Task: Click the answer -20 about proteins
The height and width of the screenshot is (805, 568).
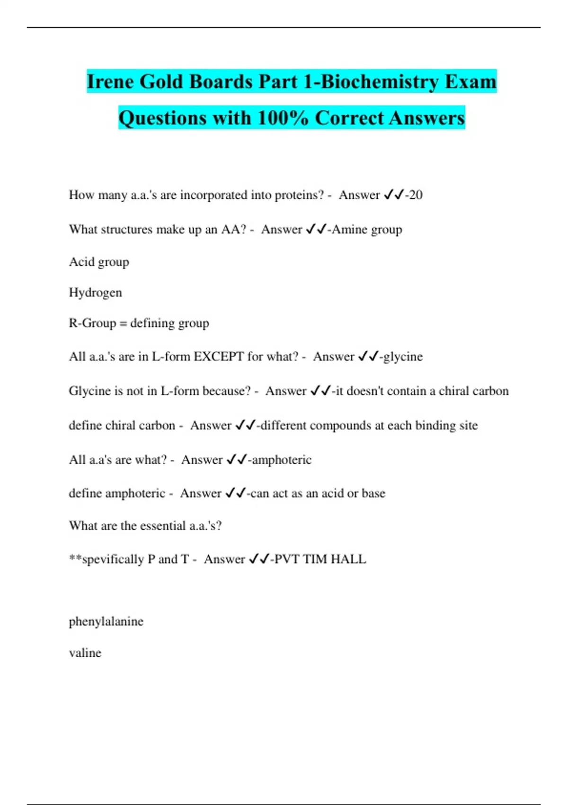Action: [x=414, y=195]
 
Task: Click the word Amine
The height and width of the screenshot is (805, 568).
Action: [x=349, y=230]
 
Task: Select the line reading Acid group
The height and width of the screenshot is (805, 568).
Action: [x=99, y=262]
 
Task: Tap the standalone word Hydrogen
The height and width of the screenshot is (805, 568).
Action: [x=95, y=293]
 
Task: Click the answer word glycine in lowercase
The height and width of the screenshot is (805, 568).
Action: [x=402, y=357]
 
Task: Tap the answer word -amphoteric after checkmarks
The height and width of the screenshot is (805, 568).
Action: [x=280, y=460]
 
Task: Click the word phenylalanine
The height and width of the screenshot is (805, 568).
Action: [x=106, y=621]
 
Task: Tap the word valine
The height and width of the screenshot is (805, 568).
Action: [x=85, y=653]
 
